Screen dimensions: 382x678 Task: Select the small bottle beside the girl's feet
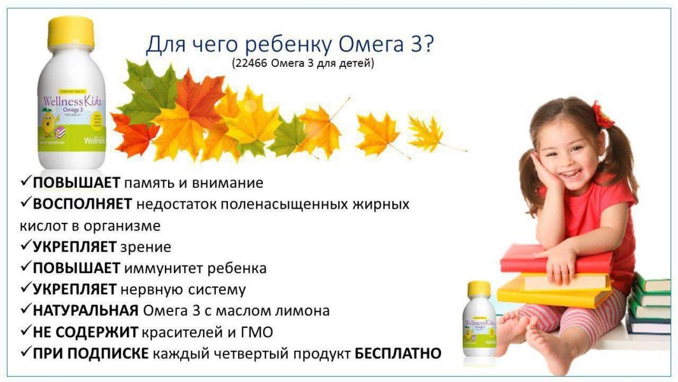[x=479, y=318]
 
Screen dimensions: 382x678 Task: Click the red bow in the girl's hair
[x=602, y=115]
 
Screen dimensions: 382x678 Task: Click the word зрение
[x=146, y=247]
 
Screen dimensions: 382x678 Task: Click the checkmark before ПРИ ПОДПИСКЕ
[x=25, y=353]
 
